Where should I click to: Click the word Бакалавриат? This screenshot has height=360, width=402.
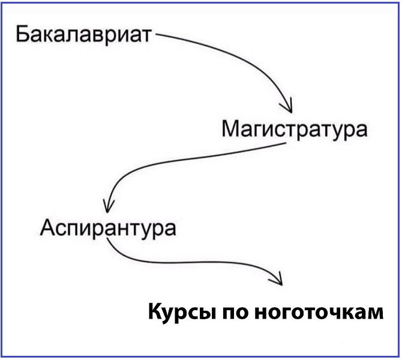(x=83, y=35)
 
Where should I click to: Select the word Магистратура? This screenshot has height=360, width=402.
(x=295, y=130)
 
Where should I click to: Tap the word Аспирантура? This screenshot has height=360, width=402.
(x=108, y=229)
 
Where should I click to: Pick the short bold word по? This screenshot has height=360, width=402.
(x=235, y=313)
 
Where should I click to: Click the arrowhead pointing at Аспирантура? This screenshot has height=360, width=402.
(x=107, y=206)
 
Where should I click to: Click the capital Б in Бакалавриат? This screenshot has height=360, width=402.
(x=22, y=34)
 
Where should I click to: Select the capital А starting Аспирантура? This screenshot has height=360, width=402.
(x=48, y=227)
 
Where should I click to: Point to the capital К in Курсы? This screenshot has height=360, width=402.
(x=156, y=311)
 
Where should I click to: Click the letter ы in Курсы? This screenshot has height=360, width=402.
(x=205, y=313)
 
